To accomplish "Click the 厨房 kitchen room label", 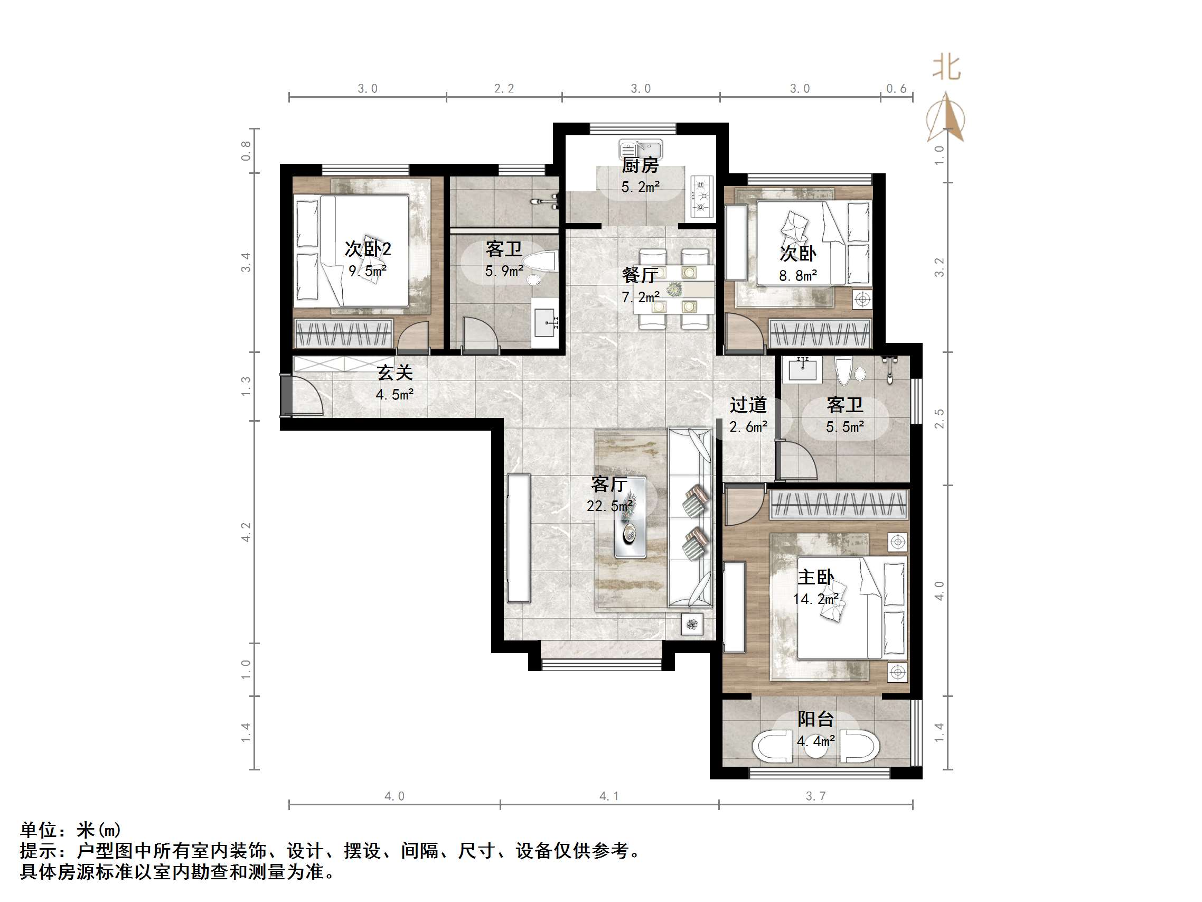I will coord(640,165).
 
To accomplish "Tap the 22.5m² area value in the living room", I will coord(609,506).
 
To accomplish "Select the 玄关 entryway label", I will coord(395,373).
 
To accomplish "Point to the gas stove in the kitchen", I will coord(702,197).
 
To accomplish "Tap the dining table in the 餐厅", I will coord(674,289).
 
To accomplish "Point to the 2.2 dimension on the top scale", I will coord(504,89).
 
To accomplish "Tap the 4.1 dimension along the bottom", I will coord(609,796).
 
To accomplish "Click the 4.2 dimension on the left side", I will coord(246,532).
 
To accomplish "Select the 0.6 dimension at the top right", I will coord(896,89).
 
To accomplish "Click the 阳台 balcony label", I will coord(815,719).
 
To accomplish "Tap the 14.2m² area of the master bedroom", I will coord(815,599).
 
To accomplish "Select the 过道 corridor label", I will coord(748,405).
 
